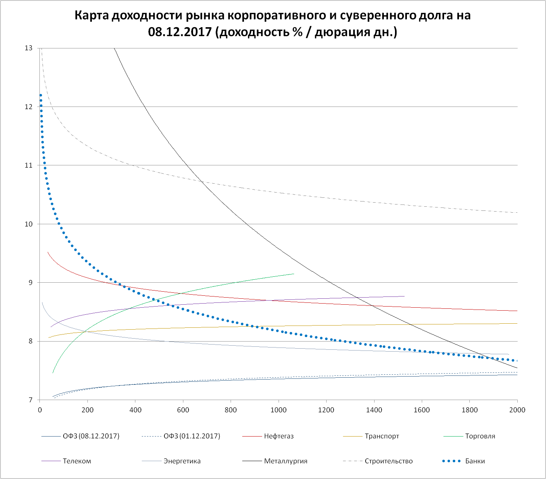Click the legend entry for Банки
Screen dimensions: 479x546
click(475, 461)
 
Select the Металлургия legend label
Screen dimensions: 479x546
click(286, 461)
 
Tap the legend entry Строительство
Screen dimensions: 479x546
click(388, 461)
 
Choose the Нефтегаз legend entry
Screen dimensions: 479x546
click(279, 436)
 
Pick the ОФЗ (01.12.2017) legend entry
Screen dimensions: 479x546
click(192, 436)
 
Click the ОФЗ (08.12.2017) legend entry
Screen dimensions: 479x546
click(91, 436)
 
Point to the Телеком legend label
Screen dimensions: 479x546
click(77, 461)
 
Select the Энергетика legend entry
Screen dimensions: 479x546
click(182, 461)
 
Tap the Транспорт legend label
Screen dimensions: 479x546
click(382, 436)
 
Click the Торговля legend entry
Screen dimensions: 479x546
click(480, 436)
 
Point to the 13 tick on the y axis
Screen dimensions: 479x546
click(29, 48)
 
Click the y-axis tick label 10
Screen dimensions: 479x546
click(29, 224)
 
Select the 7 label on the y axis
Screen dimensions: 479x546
click(31, 400)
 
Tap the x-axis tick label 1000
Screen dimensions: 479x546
click(279, 410)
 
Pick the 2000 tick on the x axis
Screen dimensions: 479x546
click(517, 410)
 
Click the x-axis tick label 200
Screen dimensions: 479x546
click(87, 410)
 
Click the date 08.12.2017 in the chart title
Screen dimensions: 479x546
click(180, 32)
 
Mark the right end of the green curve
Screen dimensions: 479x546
click(293, 274)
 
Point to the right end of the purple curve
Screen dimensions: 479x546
click(404, 296)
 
